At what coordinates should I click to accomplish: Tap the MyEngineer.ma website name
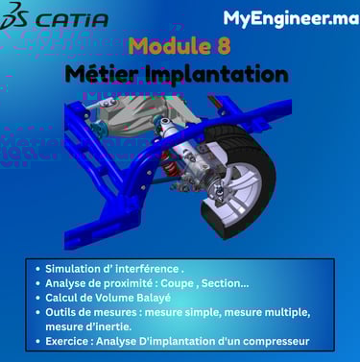291,18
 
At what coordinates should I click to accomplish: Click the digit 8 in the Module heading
224,45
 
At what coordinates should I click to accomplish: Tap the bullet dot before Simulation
38,269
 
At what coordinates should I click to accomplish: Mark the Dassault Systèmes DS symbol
14,16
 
